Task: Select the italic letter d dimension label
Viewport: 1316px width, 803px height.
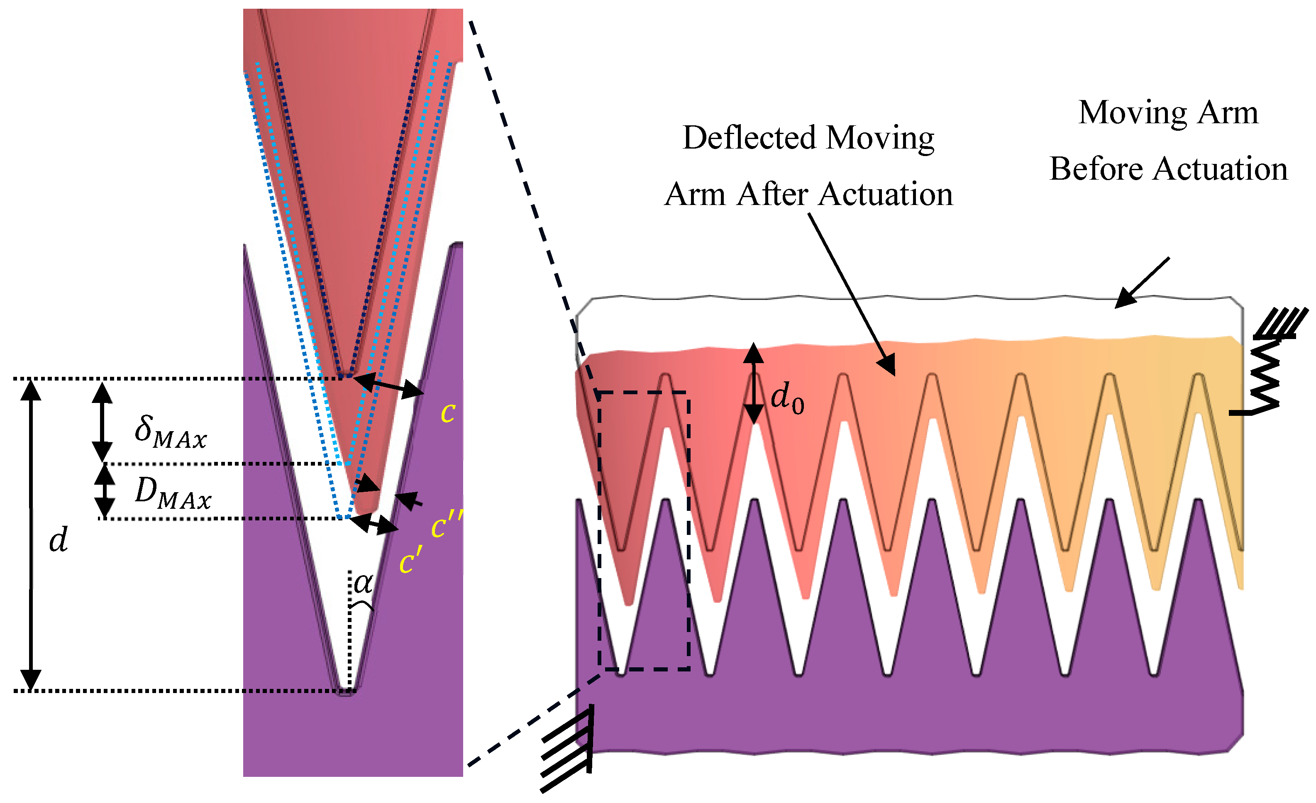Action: tap(58, 540)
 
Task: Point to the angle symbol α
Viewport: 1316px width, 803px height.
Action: tap(363, 583)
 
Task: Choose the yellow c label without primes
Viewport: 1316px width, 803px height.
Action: tap(447, 413)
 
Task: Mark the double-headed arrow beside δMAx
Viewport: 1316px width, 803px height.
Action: tap(102, 421)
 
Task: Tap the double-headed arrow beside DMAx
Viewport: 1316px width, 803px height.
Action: tap(105, 491)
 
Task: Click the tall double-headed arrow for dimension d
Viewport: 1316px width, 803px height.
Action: tap(31, 534)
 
